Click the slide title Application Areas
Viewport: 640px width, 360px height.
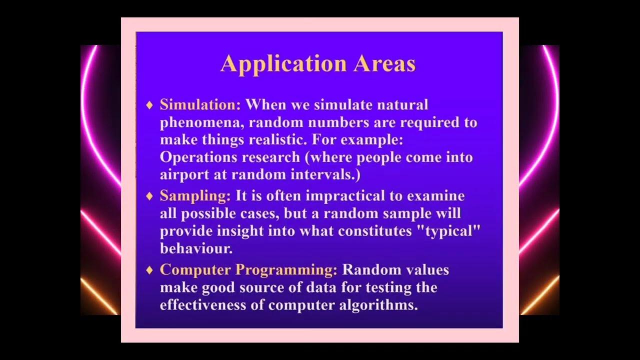[318, 64]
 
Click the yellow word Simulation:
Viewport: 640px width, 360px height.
[200, 105]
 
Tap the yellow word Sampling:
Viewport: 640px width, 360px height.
[195, 196]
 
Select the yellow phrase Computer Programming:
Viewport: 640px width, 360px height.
[248, 270]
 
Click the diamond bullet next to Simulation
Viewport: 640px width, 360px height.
[149, 105]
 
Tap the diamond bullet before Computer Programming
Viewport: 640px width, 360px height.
[149, 270]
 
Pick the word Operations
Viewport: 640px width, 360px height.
[198, 158]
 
